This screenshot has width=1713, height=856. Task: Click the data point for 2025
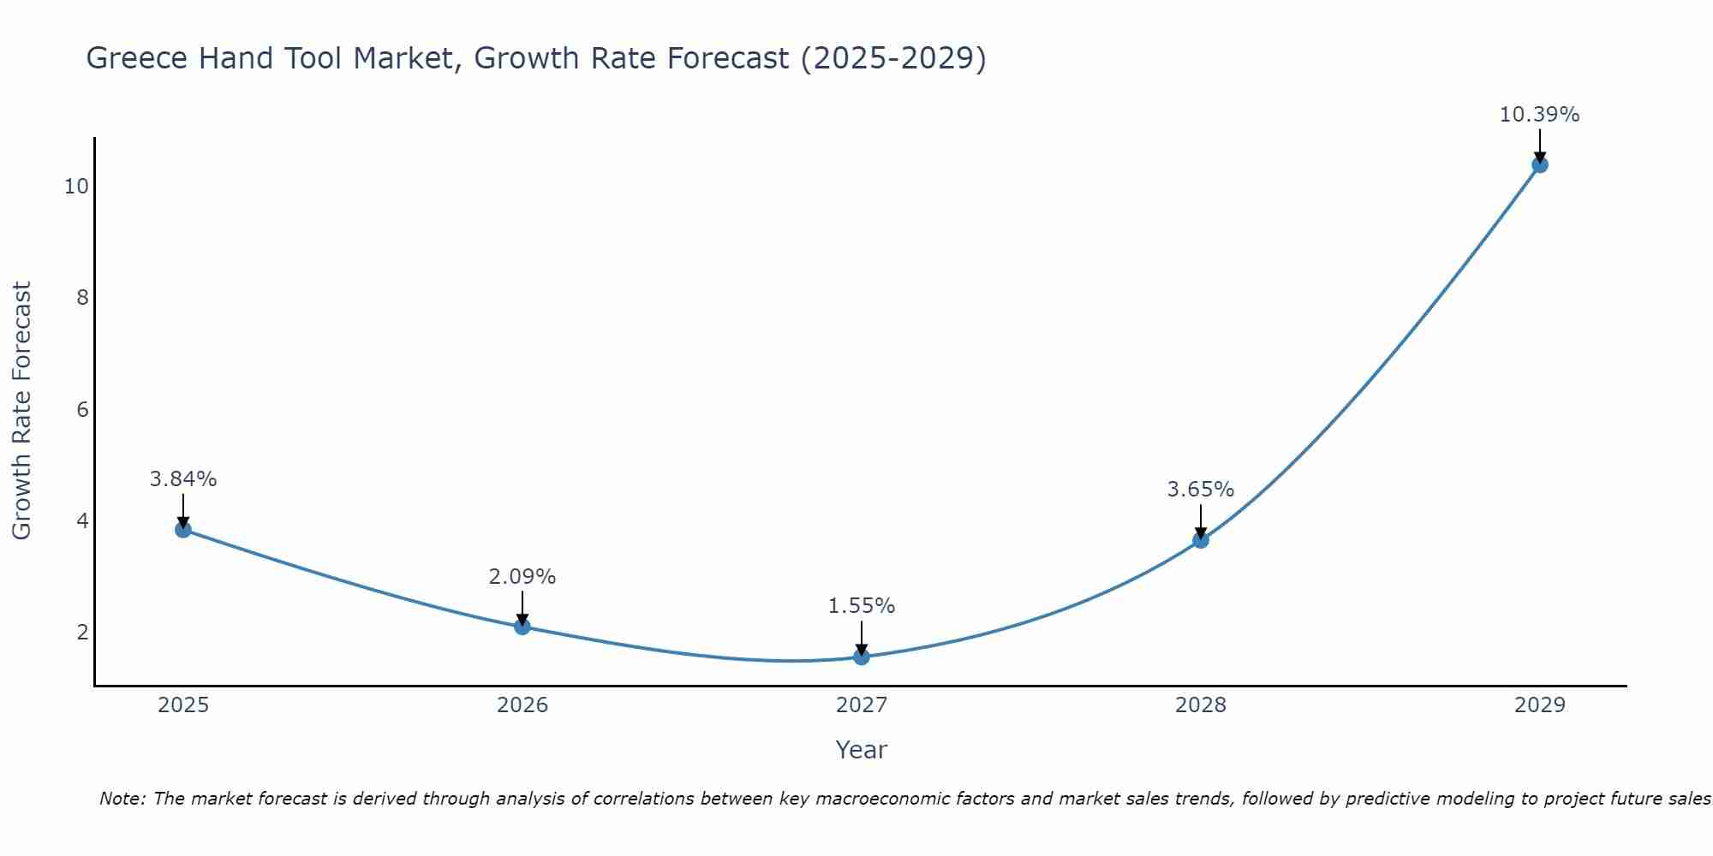coord(183,529)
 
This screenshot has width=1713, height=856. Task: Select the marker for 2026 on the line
coord(522,627)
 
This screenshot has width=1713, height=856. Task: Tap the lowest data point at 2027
coord(862,657)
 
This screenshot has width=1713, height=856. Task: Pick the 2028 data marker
coord(1201,540)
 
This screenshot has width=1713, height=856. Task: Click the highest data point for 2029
coord(1540,164)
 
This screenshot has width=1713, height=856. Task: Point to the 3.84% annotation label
coord(183,479)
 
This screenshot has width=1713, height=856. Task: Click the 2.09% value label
coord(522,577)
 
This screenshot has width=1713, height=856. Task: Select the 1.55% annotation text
coord(862,606)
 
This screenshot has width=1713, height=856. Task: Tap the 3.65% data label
coord(1201,490)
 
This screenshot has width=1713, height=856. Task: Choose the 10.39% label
coord(1539,115)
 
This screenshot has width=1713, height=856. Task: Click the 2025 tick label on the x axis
coord(183,705)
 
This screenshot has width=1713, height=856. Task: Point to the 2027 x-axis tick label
coord(862,705)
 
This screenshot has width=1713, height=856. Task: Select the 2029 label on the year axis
coord(1540,705)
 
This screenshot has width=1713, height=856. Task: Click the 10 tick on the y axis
coord(77,186)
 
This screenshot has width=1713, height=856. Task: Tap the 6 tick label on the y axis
coord(82,409)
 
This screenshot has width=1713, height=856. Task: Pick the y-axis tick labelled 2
coord(82,633)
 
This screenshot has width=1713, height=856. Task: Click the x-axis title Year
coord(862,750)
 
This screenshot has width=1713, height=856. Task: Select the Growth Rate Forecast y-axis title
coord(22,410)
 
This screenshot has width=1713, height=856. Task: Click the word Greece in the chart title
coord(137,58)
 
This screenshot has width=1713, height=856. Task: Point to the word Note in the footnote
coord(122,799)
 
